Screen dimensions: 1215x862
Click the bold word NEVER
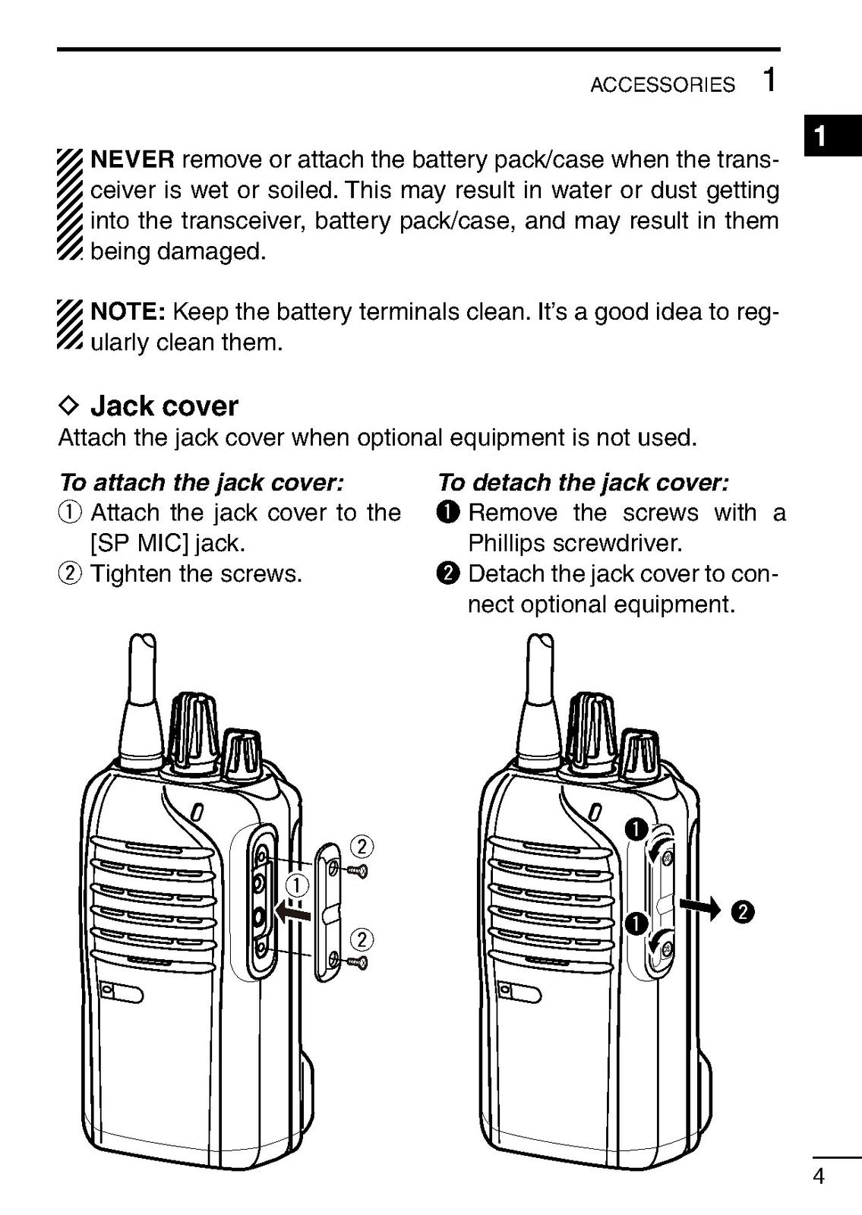[133, 160]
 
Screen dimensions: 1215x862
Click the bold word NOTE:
[128, 312]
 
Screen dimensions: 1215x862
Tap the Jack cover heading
[164, 406]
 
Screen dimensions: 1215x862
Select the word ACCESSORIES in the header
[662, 85]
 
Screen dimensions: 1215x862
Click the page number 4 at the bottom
[819, 1177]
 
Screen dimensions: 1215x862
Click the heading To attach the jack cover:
[201, 483]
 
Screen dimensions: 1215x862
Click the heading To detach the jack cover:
[583, 483]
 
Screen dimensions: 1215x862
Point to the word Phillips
[507, 544]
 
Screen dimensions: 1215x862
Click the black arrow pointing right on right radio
[698, 907]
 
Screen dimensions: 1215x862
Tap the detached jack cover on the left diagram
[330, 911]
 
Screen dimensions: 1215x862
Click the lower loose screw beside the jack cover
[358, 963]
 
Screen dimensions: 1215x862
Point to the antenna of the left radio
[142, 699]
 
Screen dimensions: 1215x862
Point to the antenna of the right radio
[542, 699]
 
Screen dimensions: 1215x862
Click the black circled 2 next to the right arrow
[742, 912]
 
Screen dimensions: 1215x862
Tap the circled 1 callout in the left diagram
[298, 885]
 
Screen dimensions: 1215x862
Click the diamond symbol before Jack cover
[69, 406]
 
